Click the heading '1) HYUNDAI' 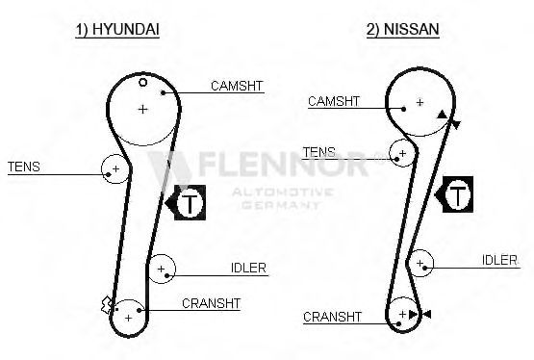pos(117,29)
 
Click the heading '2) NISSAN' pos(402,29)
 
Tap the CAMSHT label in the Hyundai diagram pos(237,86)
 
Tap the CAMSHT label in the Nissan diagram pos(334,101)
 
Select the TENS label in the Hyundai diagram pos(24,167)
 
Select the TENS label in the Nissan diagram pos(319,152)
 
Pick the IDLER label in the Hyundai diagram pos(248,268)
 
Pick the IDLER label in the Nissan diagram pos(499,260)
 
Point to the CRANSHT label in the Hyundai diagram pos(211,303)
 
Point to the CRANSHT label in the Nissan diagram pos(332,317)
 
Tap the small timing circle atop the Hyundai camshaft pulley pos(143,82)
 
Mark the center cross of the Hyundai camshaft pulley pos(143,109)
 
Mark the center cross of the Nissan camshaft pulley pos(420,102)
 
